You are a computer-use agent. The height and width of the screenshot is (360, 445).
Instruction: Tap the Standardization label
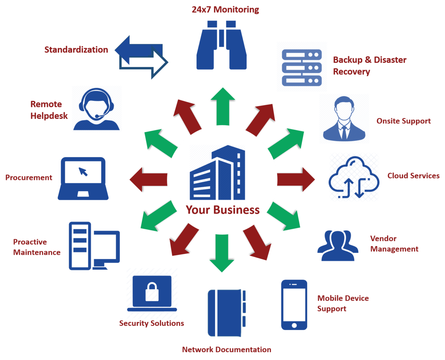point(76,50)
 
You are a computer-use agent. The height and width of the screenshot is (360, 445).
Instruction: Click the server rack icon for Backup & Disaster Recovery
point(302,67)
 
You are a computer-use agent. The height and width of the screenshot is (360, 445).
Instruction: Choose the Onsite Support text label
point(404,121)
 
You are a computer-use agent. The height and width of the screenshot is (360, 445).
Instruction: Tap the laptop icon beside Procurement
point(83,178)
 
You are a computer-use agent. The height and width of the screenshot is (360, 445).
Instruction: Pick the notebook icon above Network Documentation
point(227,312)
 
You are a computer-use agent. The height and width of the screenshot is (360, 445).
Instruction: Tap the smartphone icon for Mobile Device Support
point(294,305)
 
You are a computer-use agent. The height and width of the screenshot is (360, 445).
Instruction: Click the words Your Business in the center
point(223,210)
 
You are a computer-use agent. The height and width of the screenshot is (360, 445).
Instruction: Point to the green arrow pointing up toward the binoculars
point(223,104)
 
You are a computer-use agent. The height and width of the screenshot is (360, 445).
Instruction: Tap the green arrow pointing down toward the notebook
point(222,254)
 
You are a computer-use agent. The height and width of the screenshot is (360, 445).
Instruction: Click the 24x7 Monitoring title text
point(225,10)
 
